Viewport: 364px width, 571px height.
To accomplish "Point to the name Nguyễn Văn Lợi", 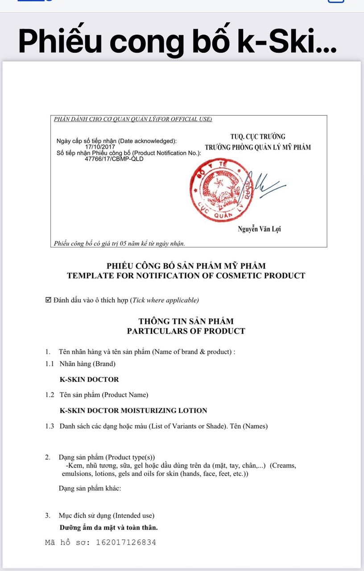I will point(260,229).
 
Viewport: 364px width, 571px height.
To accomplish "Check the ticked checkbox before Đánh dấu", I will point(49,300).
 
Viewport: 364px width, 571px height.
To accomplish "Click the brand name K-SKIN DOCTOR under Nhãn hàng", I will point(89,380).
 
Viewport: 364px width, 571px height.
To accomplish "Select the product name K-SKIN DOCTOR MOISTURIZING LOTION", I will point(133,410).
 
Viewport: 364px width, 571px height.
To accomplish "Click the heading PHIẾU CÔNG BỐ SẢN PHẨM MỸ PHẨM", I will point(186,266).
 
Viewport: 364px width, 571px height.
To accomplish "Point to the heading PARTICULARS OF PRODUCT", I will point(186,331).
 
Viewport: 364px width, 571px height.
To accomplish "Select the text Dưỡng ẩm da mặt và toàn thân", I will point(108,527).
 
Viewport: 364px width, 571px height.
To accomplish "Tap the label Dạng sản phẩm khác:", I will point(90,488).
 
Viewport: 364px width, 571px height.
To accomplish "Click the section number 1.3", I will point(50,426).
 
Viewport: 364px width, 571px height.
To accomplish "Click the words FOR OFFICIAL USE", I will point(187,119).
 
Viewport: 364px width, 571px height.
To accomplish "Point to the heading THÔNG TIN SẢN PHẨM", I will point(186,321).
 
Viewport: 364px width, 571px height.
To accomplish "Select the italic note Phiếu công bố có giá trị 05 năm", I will point(119,244).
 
